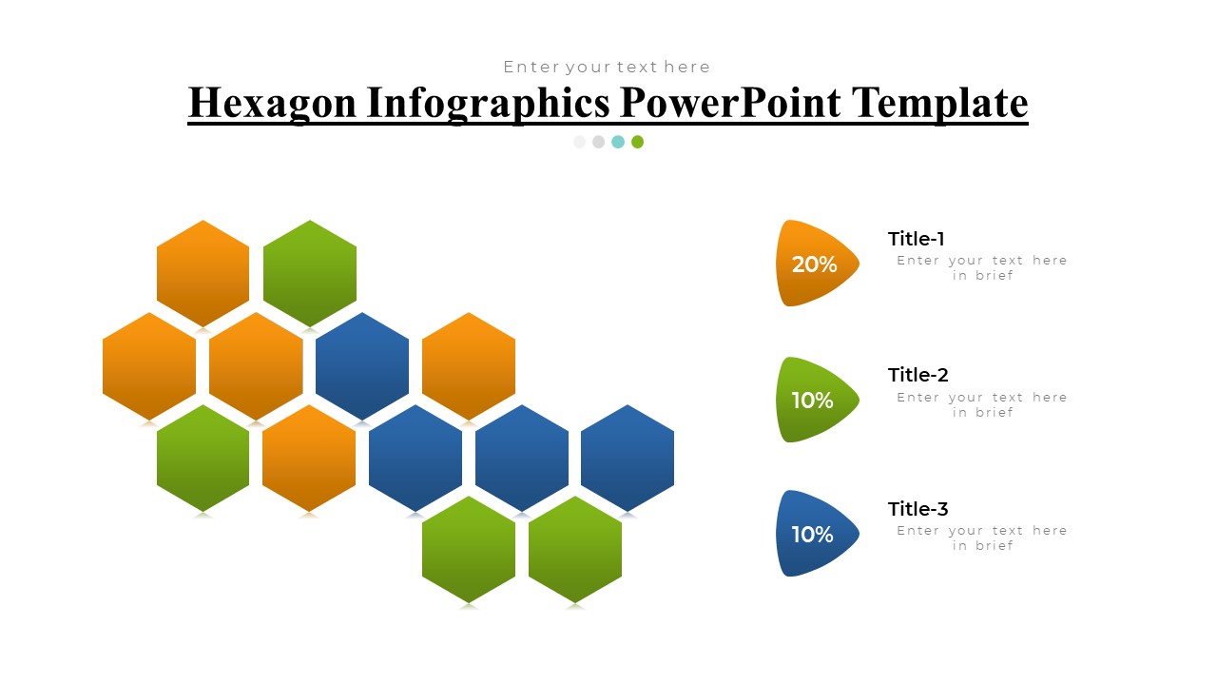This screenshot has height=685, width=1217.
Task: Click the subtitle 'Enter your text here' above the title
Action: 607,67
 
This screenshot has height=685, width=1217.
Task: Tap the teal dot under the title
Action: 618,142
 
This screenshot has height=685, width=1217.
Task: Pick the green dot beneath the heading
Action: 637,142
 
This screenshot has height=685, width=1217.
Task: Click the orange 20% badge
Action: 815,264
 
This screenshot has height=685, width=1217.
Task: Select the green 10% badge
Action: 815,400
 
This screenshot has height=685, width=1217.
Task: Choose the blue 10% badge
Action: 815,534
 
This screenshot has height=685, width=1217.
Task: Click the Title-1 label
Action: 916,239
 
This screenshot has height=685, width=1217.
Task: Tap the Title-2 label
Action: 918,375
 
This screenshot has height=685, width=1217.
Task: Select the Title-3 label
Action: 918,509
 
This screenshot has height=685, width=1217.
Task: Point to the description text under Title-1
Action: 982,267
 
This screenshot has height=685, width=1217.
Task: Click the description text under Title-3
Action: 982,538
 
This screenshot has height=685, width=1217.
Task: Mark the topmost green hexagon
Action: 310,273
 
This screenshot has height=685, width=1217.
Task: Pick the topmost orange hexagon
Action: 203,273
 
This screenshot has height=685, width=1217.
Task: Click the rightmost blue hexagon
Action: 628,458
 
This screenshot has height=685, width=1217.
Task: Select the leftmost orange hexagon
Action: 149,365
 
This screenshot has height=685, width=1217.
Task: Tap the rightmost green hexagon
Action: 575,549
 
